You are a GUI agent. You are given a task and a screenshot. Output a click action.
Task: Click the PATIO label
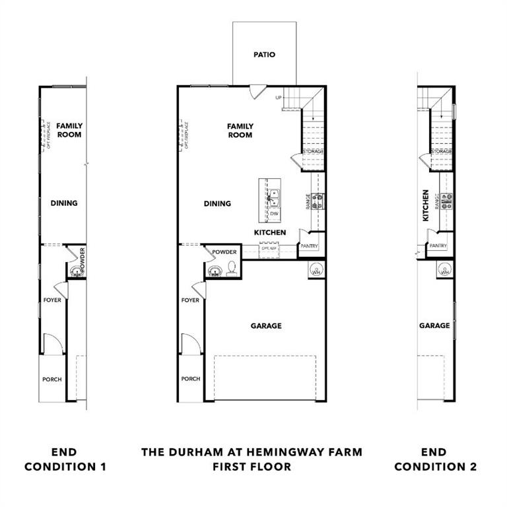(x=264, y=55)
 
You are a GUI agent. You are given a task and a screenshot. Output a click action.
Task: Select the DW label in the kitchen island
(x=273, y=214)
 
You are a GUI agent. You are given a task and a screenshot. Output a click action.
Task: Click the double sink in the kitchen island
(x=273, y=196)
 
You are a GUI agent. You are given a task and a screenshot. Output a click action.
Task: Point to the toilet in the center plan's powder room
(x=232, y=268)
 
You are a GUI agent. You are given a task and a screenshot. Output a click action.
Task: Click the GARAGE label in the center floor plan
(x=266, y=325)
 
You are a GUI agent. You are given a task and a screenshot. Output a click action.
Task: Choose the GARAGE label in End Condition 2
(x=434, y=325)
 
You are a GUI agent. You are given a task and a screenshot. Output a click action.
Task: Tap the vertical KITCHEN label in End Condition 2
(x=426, y=205)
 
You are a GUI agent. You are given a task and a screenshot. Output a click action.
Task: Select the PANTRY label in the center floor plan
(x=310, y=246)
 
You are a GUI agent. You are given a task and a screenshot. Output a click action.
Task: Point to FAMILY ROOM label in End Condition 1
(x=69, y=130)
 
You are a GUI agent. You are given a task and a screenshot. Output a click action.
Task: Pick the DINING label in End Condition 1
(x=64, y=203)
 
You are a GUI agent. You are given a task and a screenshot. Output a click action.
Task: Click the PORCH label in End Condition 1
(x=52, y=380)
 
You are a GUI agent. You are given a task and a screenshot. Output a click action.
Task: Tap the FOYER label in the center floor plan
(x=190, y=300)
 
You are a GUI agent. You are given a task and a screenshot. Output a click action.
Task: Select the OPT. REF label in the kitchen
(x=268, y=248)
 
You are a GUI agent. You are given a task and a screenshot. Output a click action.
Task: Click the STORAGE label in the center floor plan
(x=313, y=151)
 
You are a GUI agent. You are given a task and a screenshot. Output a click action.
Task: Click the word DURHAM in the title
(x=196, y=452)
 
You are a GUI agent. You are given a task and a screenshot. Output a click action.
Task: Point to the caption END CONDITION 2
(x=435, y=459)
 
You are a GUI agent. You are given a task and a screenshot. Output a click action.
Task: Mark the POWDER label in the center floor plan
(x=224, y=252)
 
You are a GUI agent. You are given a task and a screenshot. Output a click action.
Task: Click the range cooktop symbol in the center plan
(x=318, y=201)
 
